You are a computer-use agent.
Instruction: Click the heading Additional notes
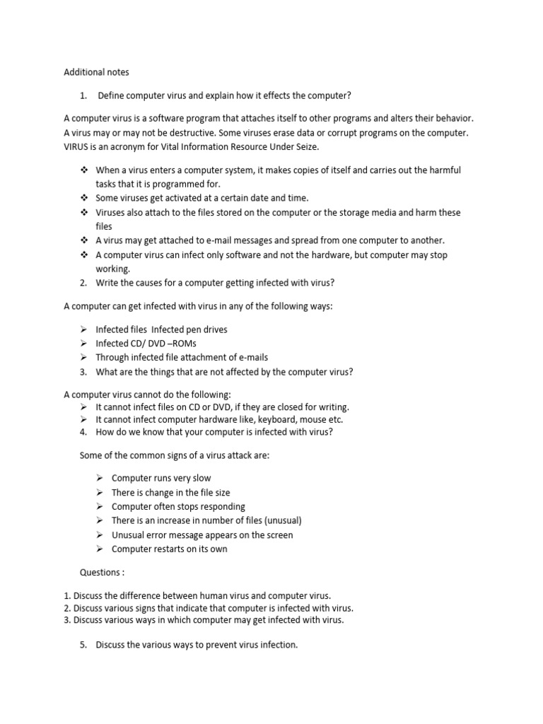tap(97, 72)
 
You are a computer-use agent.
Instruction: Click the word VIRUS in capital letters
tap(77, 146)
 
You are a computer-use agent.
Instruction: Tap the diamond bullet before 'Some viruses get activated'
tap(83, 198)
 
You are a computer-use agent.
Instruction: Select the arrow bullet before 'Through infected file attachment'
tap(83, 358)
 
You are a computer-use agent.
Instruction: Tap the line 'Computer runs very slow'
tap(161, 478)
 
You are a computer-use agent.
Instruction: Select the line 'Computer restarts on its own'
tap(170, 549)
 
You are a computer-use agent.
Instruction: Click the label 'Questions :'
tap(103, 572)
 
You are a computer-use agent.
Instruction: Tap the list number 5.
tap(83, 645)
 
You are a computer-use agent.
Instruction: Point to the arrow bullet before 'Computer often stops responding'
tap(100, 506)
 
